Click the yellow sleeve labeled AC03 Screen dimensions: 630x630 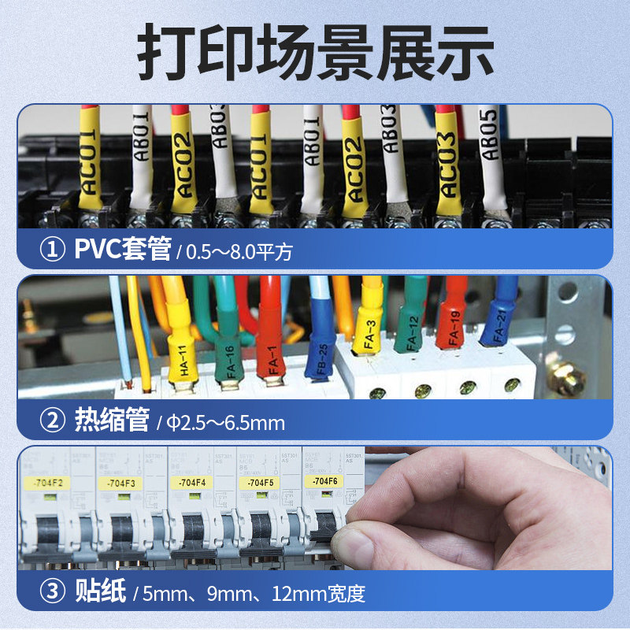coord(447,165)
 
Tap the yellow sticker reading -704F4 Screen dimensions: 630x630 coord(192,481)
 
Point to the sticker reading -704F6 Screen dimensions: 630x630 coord(325,480)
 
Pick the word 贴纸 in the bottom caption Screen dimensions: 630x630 coord(100,592)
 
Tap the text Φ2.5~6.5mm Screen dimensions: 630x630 coord(227,423)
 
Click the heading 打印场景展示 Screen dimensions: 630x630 coord(315,53)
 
